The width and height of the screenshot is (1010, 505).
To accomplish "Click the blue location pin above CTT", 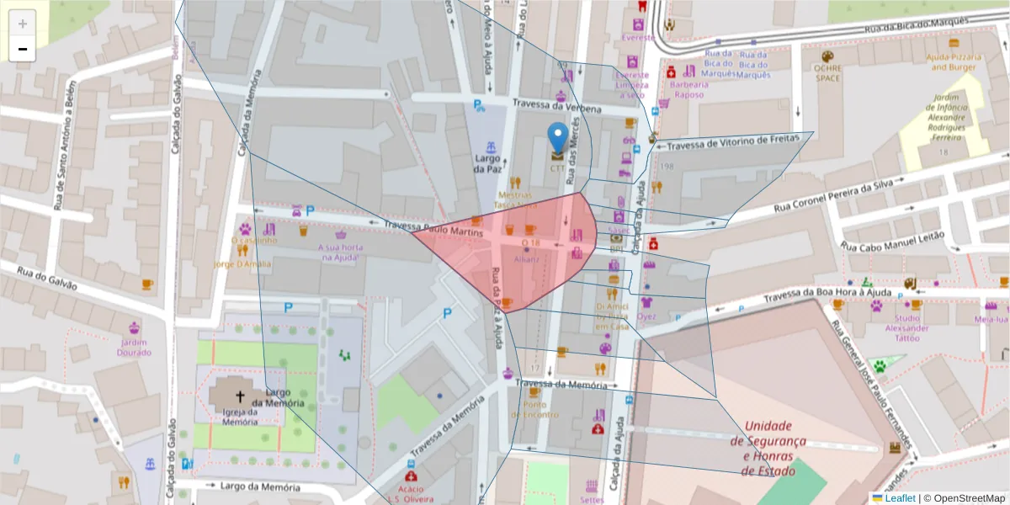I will coord(557,136).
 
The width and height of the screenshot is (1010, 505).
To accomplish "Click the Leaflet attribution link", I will coord(899,498).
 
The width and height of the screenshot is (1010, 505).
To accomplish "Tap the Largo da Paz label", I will coord(486,163).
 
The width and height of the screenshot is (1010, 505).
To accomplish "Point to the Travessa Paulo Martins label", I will coord(433,227).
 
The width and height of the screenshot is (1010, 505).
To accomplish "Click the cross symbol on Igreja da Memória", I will coord(239,396).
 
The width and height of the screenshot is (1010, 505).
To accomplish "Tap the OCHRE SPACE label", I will coord(827,73).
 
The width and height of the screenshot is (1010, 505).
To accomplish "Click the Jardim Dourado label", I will coord(135,348).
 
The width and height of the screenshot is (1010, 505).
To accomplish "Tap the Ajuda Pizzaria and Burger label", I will coord(954,61).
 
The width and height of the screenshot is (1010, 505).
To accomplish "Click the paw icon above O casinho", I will coord(245,228).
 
